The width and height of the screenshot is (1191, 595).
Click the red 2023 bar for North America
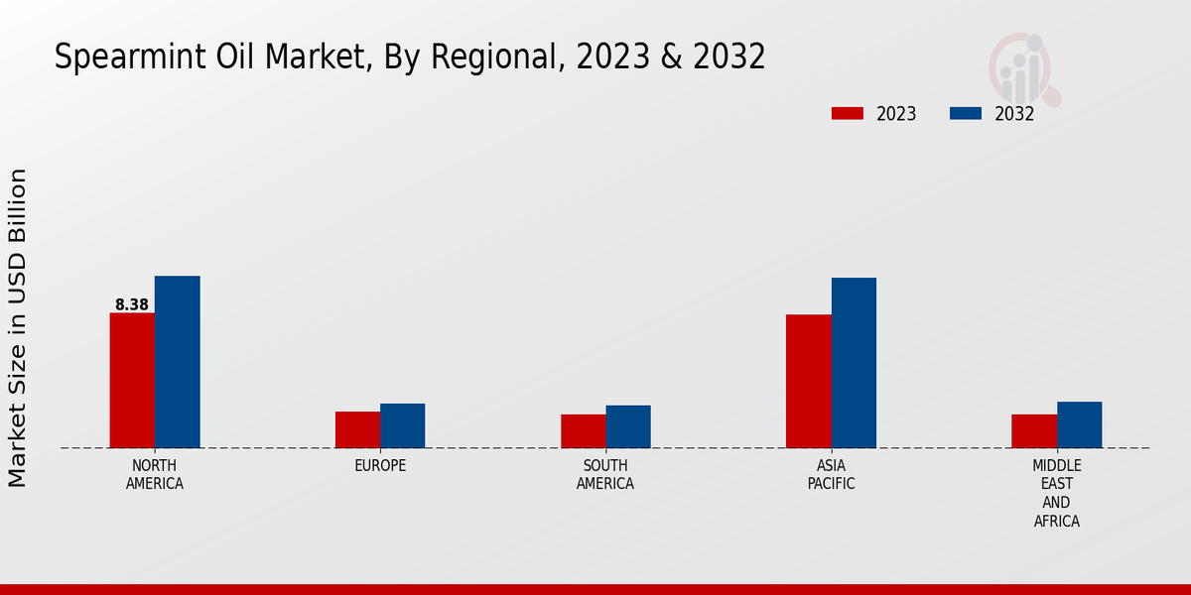(132, 381)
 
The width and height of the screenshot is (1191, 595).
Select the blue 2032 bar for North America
(177, 362)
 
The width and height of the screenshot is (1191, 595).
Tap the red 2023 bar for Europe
(357, 429)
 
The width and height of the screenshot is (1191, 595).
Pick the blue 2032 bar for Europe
(402, 425)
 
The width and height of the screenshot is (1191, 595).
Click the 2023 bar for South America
(583, 431)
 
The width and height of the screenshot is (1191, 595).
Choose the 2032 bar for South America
(628, 426)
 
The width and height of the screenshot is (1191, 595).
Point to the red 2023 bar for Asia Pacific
(808, 381)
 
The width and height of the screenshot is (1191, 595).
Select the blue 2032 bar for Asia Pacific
(854, 363)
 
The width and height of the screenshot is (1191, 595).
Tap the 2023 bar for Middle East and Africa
(1034, 431)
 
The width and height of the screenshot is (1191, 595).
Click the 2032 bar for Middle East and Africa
(1079, 424)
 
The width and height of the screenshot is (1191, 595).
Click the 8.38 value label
(132, 304)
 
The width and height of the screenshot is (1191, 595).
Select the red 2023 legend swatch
(848, 113)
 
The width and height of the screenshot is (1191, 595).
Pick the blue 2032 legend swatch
(966, 113)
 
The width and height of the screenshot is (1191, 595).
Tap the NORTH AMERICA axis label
(155, 475)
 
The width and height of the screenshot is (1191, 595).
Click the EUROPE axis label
(380, 465)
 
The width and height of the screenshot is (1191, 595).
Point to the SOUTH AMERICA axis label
(605, 475)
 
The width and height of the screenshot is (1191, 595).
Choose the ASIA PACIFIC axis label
(831, 475)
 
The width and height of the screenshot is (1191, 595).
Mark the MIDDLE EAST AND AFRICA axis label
(1057, 493)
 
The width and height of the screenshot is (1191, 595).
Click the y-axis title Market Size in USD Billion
(18, 327)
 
